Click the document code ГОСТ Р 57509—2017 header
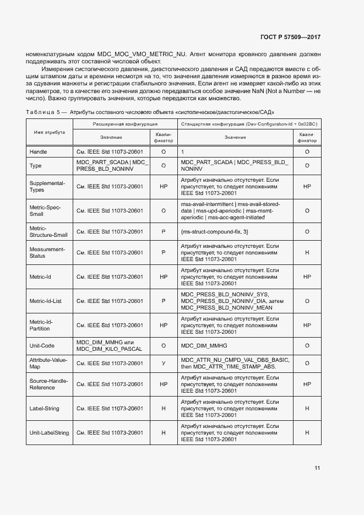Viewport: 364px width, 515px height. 290,37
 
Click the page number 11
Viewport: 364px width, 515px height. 317,468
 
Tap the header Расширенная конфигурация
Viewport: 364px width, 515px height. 124,125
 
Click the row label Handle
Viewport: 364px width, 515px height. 38,151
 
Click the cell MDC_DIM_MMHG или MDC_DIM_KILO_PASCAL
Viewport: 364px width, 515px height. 109,345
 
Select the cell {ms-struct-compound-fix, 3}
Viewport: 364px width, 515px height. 215,231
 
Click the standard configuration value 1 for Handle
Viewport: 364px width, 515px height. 182,151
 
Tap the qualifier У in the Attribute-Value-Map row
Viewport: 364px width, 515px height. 163,363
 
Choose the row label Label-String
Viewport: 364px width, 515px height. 44,409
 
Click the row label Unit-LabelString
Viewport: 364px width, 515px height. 49,433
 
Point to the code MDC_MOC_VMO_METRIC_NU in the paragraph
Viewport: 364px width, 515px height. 142,54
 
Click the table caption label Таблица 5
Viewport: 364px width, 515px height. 41,112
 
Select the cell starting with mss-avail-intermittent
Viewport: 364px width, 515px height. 230,210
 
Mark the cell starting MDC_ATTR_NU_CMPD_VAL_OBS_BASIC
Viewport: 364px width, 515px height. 234,363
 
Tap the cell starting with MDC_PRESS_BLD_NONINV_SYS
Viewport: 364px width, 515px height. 232,301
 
